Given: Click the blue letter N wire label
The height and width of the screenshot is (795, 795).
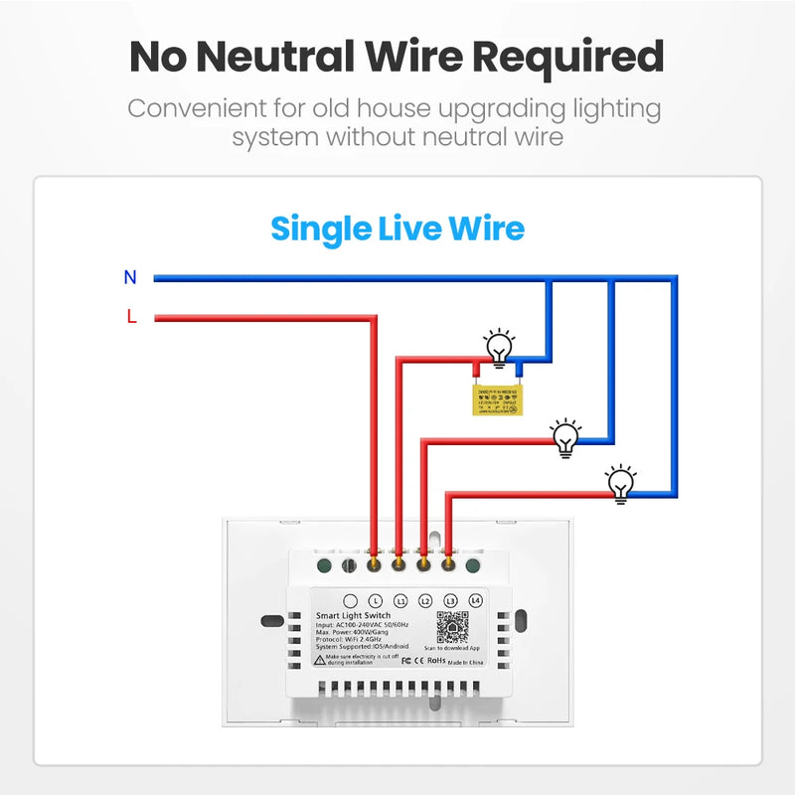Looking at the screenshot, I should pos(130,277).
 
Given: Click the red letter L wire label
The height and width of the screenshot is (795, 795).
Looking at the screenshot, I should pos(131,317).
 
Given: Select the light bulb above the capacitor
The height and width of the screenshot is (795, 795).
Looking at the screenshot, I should pos(499,348).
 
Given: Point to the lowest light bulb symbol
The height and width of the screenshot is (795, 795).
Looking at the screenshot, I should pos(621,483).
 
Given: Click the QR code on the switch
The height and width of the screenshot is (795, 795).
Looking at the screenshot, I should pos(452,628).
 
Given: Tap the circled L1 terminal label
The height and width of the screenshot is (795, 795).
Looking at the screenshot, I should pos(400,601).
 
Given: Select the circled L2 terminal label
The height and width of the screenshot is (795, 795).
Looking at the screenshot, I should pos(425,601).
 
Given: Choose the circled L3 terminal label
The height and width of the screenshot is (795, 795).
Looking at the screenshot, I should pos(450,601).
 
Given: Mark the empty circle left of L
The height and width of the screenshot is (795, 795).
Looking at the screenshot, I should pos(350,601).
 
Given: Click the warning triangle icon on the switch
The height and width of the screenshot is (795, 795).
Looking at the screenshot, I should pos(318,659).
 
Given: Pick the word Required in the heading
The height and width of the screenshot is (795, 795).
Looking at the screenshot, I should pos(567,57).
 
